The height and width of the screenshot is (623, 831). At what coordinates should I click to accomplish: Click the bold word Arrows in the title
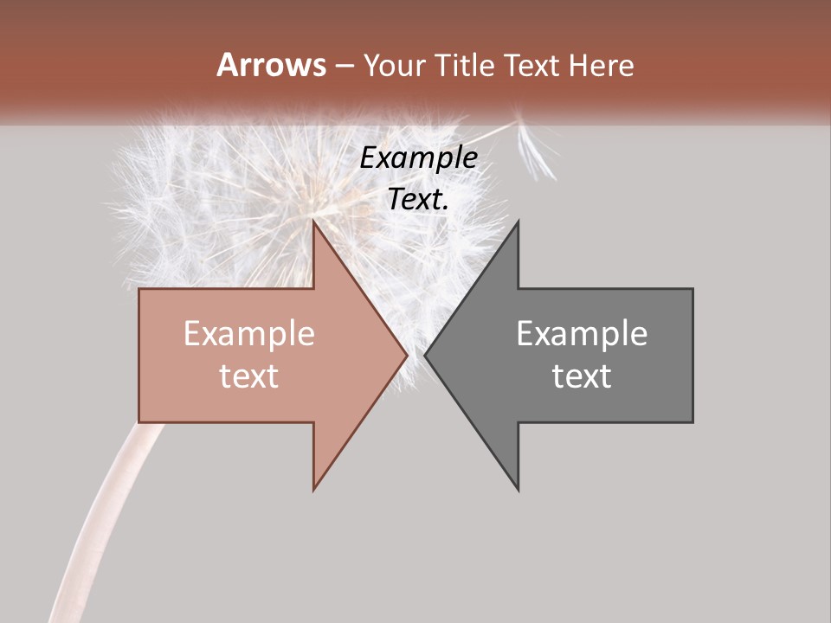[x=271, y=65]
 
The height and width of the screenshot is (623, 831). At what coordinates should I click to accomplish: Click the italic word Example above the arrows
[x=418, y=158]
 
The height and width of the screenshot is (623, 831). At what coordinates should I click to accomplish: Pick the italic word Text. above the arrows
[x=418, y=199]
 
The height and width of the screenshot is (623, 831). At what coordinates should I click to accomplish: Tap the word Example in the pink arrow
[x=248, y=334]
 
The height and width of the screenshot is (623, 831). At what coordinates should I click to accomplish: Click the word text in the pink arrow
[x=248, y=376]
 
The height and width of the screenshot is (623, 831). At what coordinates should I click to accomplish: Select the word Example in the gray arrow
[x=582, y=334]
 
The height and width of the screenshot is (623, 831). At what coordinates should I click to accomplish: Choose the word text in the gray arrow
[x=582, y=376]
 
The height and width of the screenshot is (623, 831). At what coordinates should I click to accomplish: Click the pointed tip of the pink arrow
[x=406, y=355]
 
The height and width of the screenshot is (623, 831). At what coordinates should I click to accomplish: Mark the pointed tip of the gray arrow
[x=426, y=355]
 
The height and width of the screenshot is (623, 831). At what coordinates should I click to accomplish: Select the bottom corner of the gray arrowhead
[x=518, y=489]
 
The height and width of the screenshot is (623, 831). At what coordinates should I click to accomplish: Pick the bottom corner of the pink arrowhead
[x=314, y=489]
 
